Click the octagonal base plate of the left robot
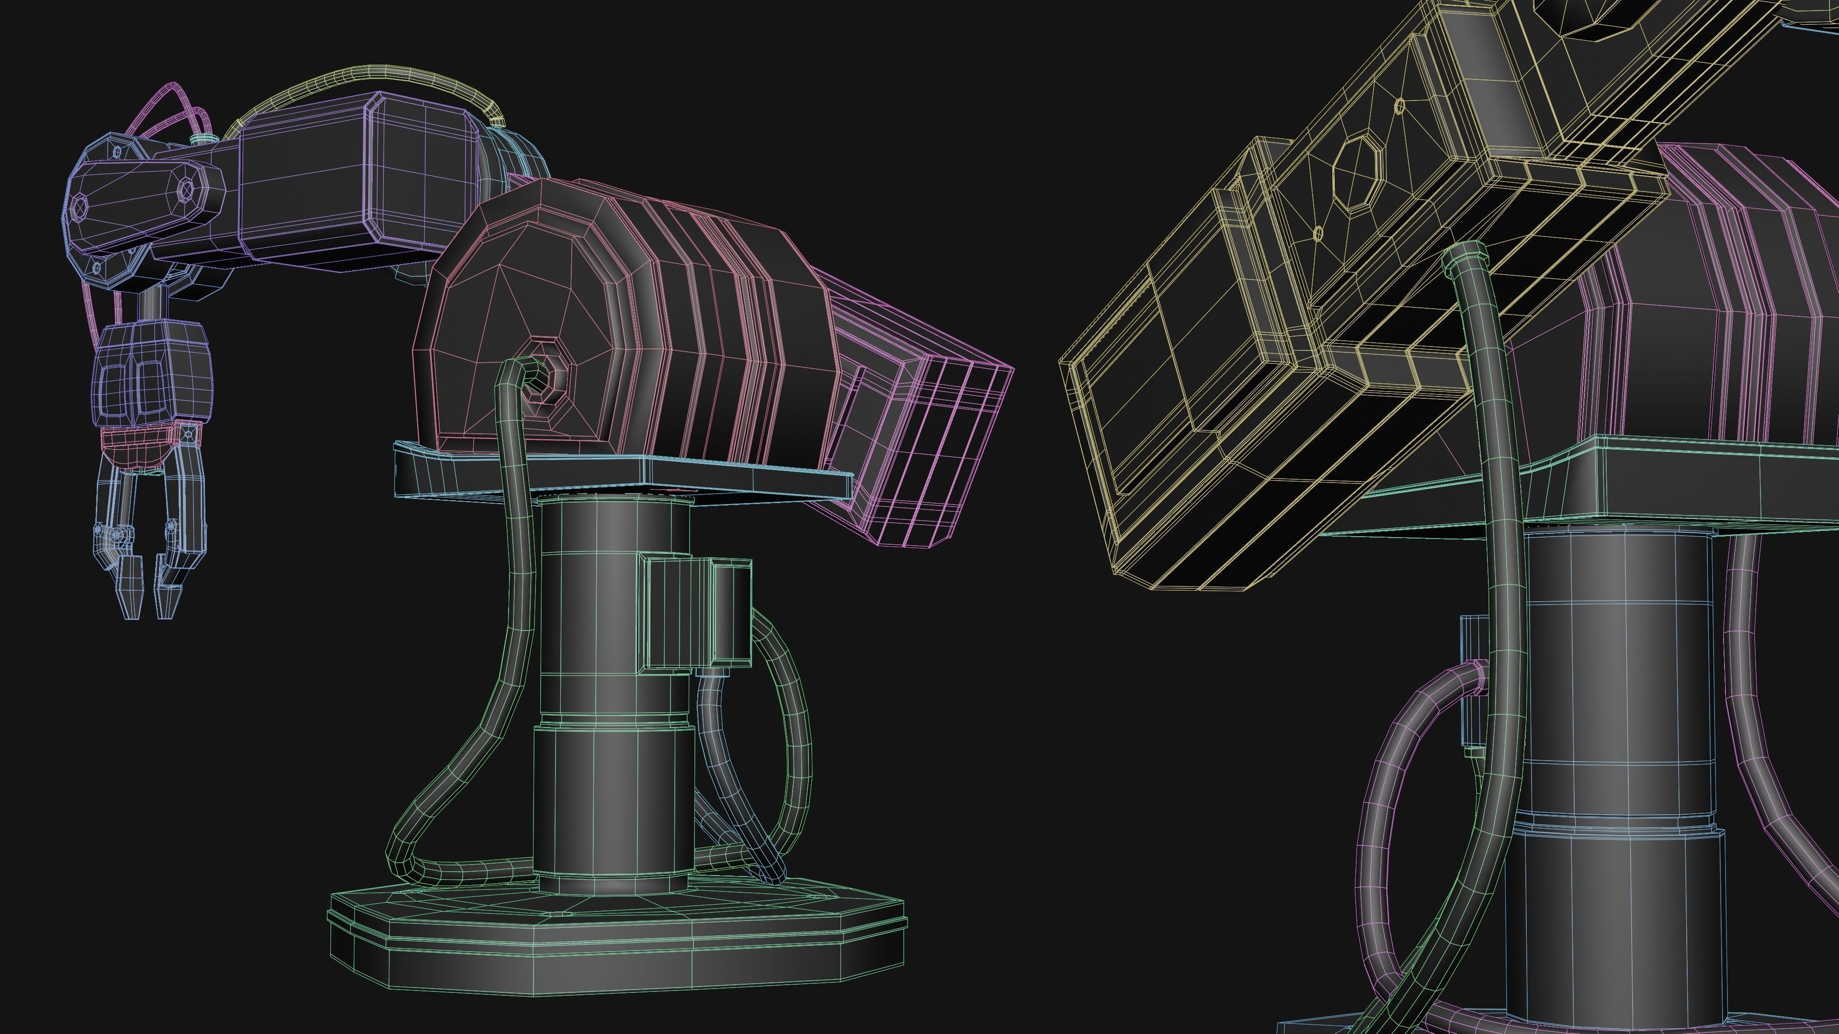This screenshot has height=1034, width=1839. coord(614,942)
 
